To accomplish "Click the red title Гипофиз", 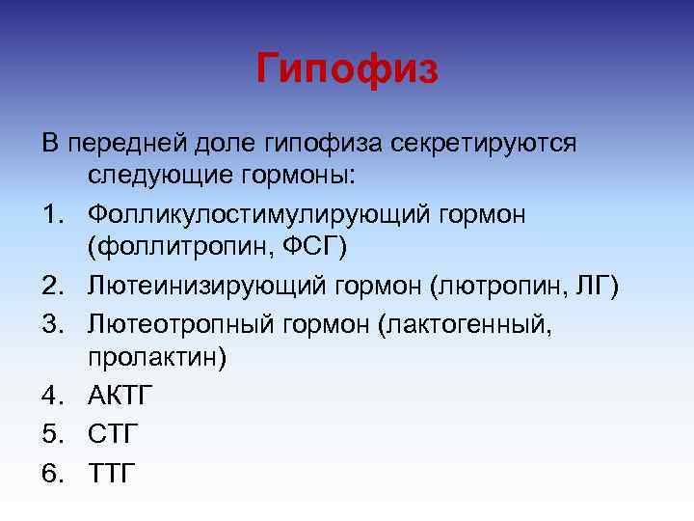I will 347,69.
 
